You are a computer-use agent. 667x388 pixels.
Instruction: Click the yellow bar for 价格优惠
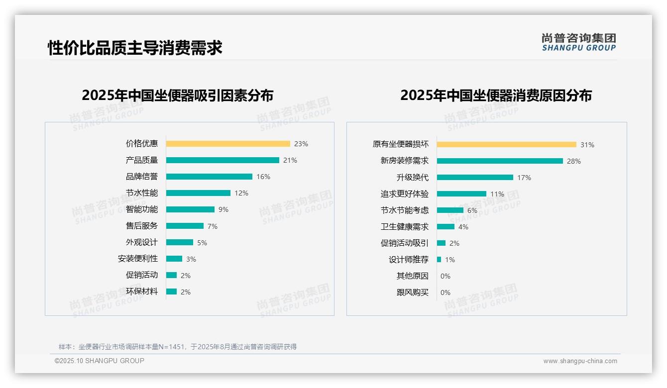[x=227, y=144]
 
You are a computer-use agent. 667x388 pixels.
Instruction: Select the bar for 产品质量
[x=222, y=160]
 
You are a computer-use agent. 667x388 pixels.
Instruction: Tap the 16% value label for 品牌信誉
[x=263, y=177]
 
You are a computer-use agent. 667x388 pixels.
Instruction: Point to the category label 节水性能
[x=142, y=193]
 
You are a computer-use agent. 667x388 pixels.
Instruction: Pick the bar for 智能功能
[x=190, y=209]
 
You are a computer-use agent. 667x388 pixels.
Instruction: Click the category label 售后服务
[x=142, y=226]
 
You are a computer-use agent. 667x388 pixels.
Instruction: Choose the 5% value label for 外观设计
[x=202, y=243]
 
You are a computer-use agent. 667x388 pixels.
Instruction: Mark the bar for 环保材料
[x=171, y=291]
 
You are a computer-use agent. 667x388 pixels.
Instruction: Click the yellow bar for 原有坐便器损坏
[x=506, y=145]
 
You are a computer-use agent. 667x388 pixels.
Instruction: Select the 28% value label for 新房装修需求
[x=573, y=161]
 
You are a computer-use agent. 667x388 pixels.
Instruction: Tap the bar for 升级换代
[x=475, y=178]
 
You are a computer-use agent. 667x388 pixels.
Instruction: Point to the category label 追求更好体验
[x=405, y=194]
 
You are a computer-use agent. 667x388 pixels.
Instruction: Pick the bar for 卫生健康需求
[x=445, y=227]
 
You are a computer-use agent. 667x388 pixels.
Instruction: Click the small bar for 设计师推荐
[x=439, y=260]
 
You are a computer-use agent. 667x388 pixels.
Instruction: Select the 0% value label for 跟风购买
[x=445, y=292]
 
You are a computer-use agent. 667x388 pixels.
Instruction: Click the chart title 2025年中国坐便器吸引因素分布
[x=178, y=96]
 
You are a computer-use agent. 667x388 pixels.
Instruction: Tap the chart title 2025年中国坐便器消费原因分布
[x=496, y=96]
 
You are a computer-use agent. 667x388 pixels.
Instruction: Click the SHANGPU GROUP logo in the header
[x=579, y=42]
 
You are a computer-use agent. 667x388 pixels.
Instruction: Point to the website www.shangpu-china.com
[x=580, y=361]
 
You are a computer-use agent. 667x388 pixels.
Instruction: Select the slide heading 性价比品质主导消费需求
[x=135, y=48]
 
